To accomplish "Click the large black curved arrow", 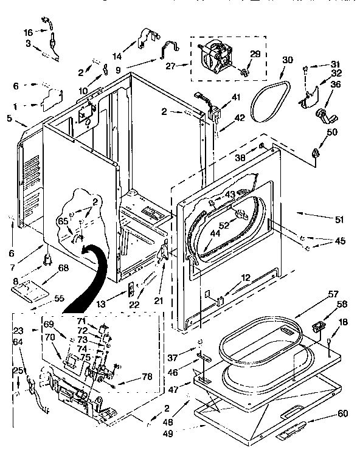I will tap(85, 274).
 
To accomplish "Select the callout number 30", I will tap(288, 60).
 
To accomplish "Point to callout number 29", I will tap(255, 54).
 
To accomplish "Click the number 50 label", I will tap(332, 133).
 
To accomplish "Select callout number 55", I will tap(58, 299).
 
